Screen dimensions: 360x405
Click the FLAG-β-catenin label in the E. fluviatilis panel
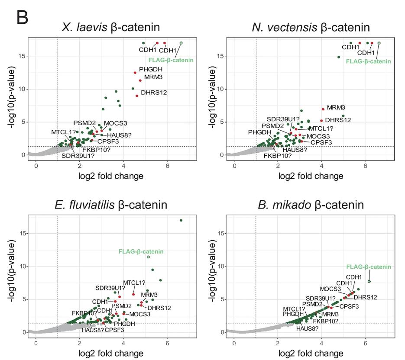[142, 251]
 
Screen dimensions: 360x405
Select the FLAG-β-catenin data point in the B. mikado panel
[369, 281]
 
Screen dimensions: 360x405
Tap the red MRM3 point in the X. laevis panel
[140, 80]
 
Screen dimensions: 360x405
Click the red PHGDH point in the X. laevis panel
[135, 73]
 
